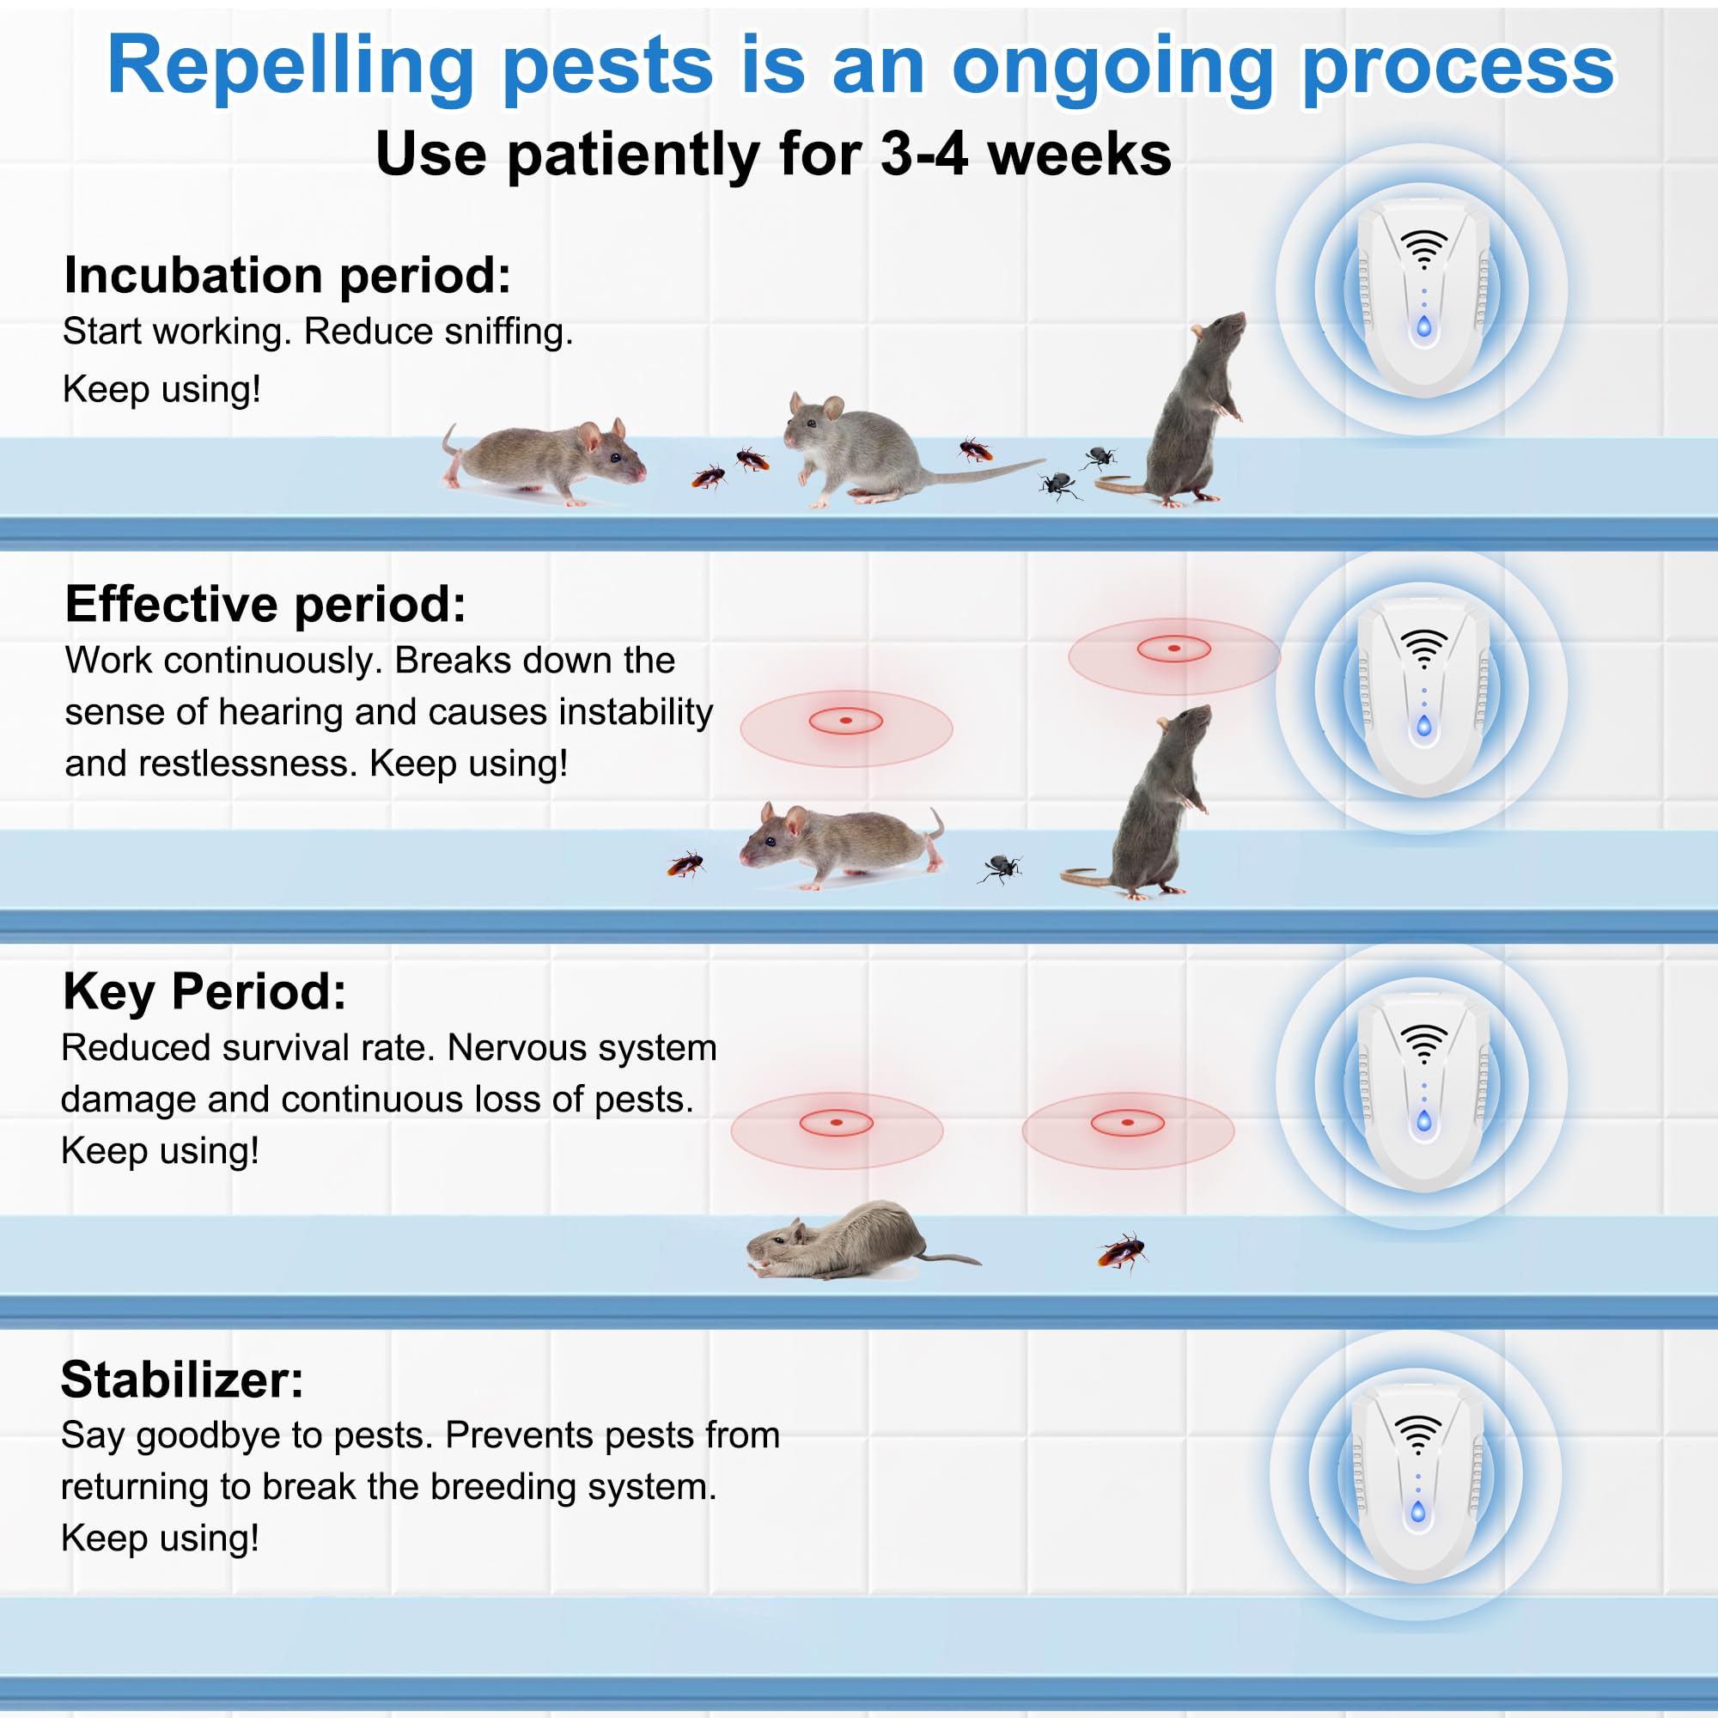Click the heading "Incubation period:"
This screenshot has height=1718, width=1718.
(287, 276)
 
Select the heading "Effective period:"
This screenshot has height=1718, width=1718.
(265, 605)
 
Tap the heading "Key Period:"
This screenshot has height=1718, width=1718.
(204, 992)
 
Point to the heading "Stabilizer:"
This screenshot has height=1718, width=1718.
(182, 1380)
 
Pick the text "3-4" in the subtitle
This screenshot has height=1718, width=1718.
(924, 155)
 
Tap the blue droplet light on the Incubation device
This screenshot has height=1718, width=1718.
(1423, 326)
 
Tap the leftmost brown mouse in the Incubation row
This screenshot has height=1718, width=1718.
(544, 461)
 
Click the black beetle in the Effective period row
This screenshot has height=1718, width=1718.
(1001, 868)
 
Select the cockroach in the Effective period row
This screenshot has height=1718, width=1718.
(685, 863)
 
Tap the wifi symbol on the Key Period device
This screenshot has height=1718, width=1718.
(1423, 1043)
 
